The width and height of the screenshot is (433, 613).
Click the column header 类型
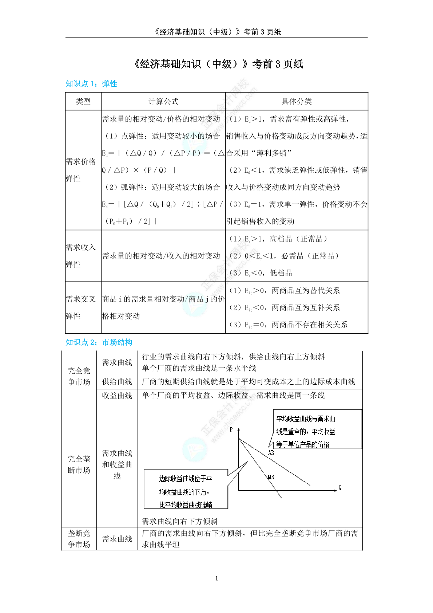coord(83,102)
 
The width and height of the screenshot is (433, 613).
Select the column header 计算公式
coord(163,102)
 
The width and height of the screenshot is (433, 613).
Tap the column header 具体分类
coord(297,102)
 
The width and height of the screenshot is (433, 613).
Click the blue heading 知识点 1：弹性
coord(91,84)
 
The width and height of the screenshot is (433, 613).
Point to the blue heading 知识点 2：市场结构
coord(99,342)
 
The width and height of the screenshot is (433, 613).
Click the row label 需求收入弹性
coord(81,256)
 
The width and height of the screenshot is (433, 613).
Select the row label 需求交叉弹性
coord(81,307)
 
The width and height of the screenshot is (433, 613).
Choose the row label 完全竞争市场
coord(79,376)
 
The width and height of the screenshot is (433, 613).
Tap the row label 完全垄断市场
coord(79,464)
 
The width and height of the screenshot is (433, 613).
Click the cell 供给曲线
coord(117,382)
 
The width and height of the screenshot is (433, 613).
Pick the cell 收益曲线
coord(117,396)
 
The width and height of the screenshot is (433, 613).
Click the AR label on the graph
coord(271,453)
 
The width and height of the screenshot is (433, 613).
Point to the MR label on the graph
coord(271,477)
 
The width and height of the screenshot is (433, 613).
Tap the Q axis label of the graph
coord(340,487)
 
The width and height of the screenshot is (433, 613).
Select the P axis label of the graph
coord(231,430)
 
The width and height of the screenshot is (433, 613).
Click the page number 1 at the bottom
coord(216,578)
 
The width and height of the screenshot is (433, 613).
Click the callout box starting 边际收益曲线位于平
coord(186,490)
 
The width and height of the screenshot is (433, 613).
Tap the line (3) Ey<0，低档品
coord(261,273)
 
